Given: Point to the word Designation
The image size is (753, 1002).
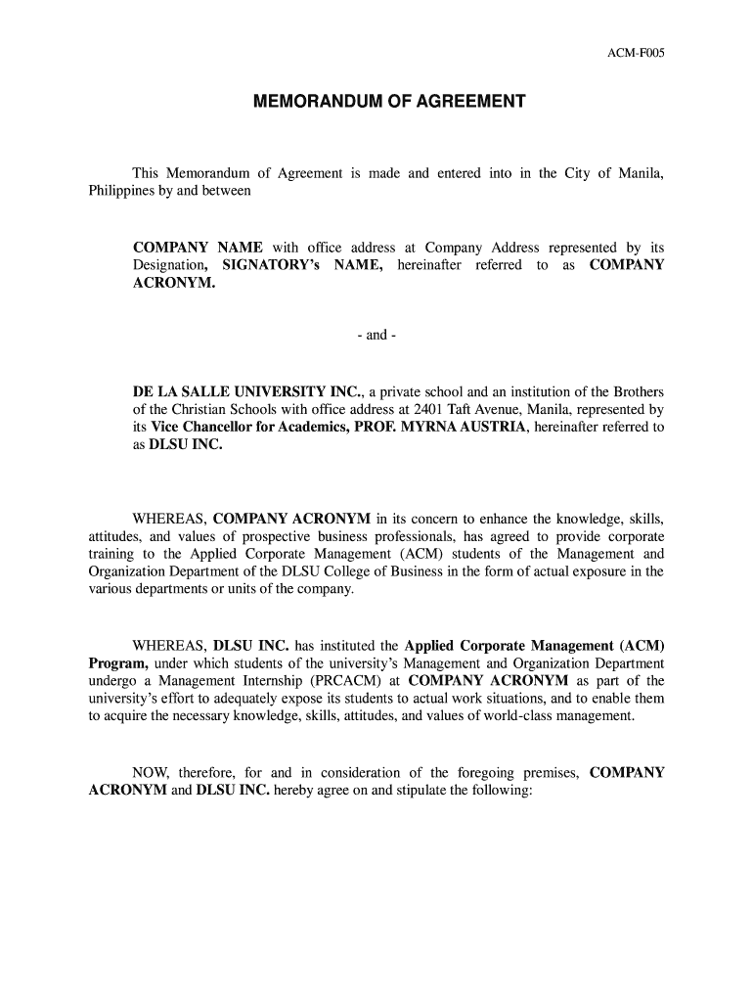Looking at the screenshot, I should [x=168, y=265].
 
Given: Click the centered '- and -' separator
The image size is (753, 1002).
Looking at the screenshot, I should [x=376, y=336].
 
